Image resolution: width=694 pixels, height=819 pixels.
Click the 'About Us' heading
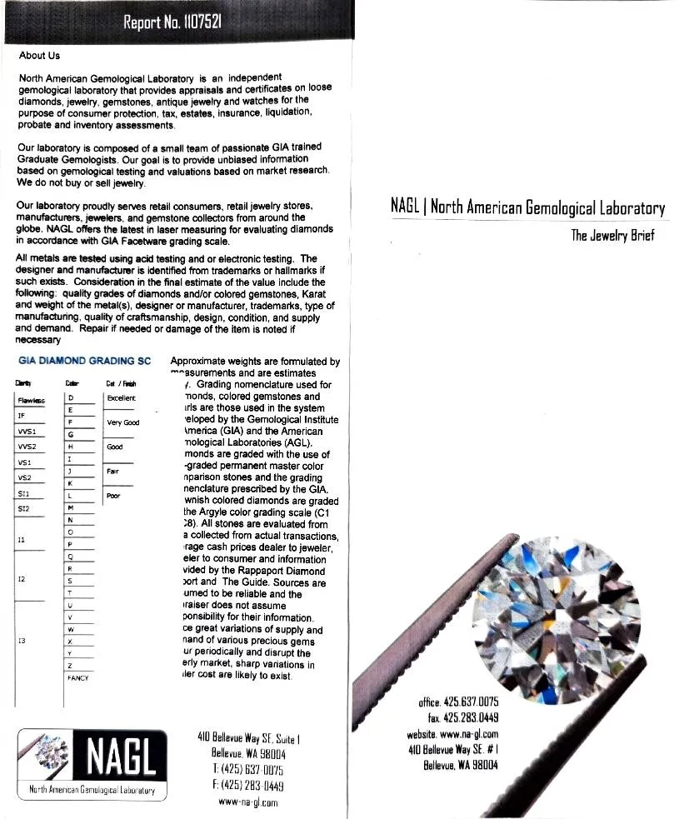39,56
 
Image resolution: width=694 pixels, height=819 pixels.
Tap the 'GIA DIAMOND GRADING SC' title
84,361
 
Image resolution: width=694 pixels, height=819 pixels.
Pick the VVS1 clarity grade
27,432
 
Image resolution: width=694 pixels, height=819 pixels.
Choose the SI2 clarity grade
24,508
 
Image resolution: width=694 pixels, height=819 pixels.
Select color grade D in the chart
72,398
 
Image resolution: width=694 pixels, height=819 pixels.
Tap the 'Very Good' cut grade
122,422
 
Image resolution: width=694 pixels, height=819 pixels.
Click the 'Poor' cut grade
114,497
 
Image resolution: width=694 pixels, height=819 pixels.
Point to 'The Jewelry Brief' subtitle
612,235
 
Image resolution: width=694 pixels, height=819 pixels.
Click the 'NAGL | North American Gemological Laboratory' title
527,207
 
